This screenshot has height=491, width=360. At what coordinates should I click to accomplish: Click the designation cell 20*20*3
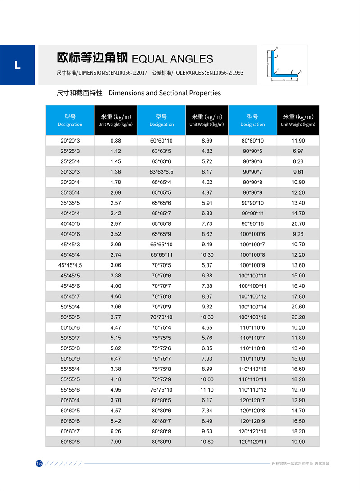click(x=70, y=141)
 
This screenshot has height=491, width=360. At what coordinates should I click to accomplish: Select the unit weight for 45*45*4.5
click(x=116, y=265)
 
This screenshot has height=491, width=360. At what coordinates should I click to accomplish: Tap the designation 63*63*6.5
click(x=162, y=172)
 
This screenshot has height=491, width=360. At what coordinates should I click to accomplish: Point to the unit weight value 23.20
click(x=298, y=317)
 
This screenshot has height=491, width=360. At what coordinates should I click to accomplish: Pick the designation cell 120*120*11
click(x=252, y=442)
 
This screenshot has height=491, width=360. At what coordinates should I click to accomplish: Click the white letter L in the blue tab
click(x=17, y=65)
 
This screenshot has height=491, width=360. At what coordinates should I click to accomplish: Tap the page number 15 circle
click(x=39, y=464)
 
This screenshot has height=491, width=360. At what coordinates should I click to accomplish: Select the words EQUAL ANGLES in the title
click(x=172, y=59)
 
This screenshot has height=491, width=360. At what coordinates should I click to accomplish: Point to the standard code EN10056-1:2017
click(x=129, y=73)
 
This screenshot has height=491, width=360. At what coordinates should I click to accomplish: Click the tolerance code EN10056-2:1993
click(x=225, y=73)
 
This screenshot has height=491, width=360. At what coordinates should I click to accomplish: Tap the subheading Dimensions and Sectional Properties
click(x=165, y=93)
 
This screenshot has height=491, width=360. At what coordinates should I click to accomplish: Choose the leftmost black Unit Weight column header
click(x=116, y=120)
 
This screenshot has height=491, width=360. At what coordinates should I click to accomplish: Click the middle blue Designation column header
click(x=162, y=120)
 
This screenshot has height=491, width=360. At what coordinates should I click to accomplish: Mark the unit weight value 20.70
click(x=298, y=223)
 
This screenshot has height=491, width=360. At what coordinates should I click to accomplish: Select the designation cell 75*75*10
click(x=162, y=390)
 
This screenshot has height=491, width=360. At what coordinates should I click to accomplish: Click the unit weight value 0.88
click(x=116, y=141)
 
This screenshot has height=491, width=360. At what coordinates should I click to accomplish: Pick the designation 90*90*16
click(x=252, y=223)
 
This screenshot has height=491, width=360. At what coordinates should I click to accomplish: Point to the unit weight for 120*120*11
click(x=298, y=442)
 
